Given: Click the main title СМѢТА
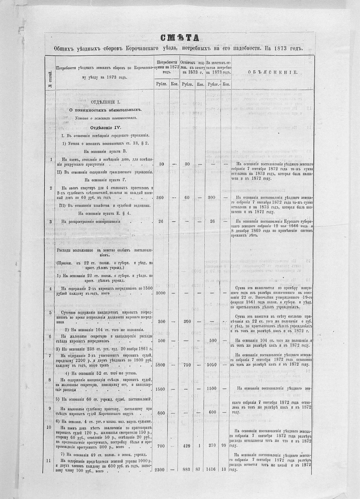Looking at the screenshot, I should tap(180, 38).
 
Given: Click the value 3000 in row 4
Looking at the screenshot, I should tap(160, 293).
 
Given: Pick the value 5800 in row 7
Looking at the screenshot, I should tap(160, 365).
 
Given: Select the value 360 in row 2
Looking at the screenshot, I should tap(161, 198).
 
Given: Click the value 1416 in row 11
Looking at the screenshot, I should tap(212, 478).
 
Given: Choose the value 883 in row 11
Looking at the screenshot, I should tap(187, 478).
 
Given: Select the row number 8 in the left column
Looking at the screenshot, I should tap(50, 379).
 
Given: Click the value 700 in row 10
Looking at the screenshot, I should tap(161, 446).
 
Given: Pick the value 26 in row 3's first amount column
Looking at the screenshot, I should tap(161, 221).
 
